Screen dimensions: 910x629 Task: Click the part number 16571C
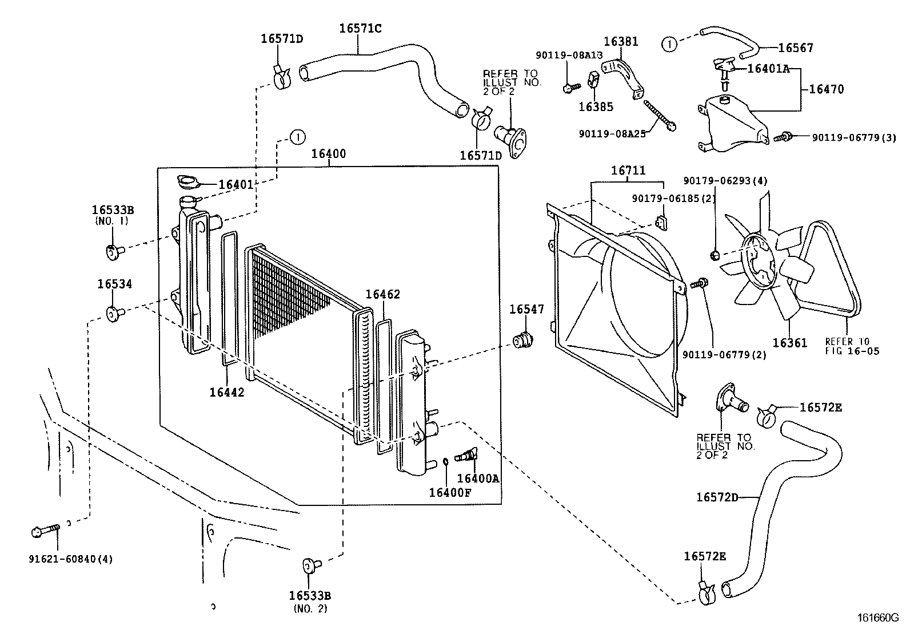360,29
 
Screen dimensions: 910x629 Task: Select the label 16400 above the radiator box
329,154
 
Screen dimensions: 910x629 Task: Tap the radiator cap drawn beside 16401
188,182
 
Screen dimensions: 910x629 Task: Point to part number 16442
227,392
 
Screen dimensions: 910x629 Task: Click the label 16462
382,294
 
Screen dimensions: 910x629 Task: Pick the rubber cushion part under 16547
523,340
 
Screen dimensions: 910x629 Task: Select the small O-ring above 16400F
445,461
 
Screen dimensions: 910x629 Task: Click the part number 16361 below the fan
790,343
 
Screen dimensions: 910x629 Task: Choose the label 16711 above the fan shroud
628,170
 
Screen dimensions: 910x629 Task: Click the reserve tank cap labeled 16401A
725,69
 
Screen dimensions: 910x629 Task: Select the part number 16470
827,89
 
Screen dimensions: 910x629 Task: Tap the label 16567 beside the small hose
796,48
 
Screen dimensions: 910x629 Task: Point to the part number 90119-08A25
612,134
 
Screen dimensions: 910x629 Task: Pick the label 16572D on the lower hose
717,497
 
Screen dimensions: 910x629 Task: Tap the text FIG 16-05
852,351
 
